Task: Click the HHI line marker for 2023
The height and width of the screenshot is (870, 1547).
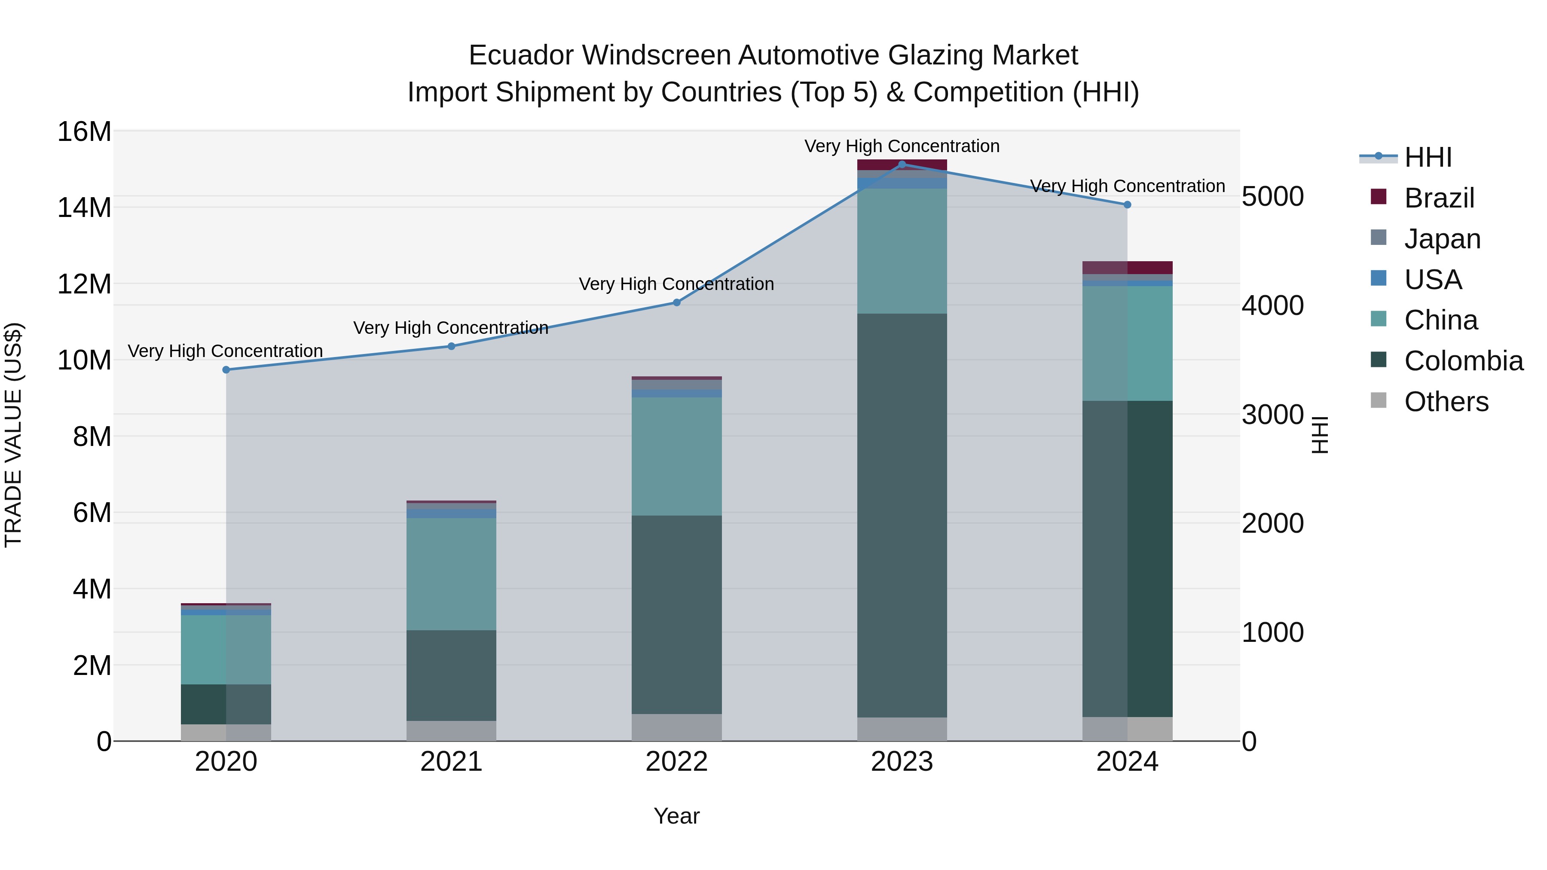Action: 902,164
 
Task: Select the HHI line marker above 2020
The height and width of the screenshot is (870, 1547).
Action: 226,370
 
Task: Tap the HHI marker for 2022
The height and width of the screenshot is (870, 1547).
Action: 676,302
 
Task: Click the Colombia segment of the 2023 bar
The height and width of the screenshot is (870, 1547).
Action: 902,515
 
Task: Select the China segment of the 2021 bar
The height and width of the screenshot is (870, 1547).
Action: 451,574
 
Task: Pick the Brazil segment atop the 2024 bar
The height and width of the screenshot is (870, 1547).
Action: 1127,268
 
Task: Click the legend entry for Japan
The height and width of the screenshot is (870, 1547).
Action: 1442,239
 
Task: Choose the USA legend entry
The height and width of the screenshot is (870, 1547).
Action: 1432,280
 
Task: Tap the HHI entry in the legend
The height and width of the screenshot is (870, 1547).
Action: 1428,157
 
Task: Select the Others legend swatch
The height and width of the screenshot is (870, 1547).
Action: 1379,400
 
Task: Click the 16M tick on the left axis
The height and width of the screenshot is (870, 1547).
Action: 84,131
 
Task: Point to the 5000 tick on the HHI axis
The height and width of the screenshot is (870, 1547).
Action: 1272,196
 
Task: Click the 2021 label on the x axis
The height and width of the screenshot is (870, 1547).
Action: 451,762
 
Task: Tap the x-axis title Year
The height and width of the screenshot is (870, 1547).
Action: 676,816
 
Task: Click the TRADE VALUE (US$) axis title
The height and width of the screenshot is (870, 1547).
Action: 13,435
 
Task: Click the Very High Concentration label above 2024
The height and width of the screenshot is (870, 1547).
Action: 1127,186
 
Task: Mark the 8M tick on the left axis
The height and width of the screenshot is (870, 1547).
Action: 92,437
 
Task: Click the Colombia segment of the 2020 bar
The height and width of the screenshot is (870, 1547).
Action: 226,704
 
